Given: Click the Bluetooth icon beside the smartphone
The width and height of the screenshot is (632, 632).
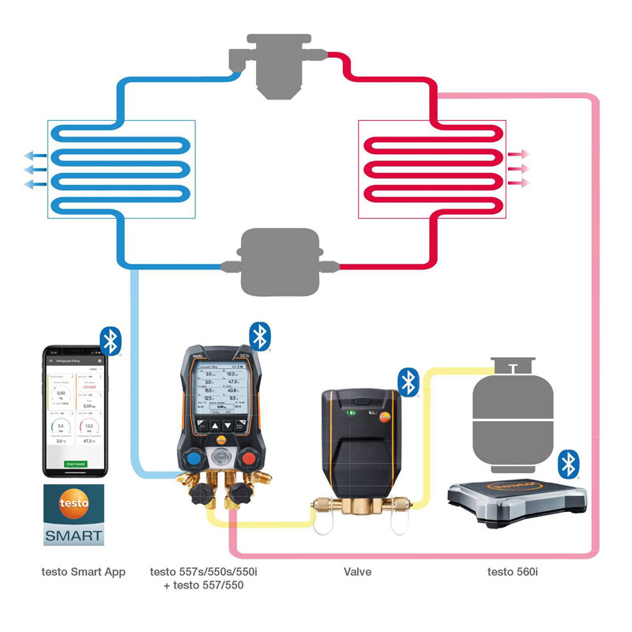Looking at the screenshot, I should pyautogui.click(x=111, y=340).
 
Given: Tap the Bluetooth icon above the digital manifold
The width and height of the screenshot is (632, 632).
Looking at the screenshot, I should pyautogui.click(x=260, y=336).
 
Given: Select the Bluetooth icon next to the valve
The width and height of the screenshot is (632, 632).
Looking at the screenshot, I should pyautogui.click(x=408, y=382).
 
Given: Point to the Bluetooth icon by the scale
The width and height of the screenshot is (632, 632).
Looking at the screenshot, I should pyautogui.click(x=568, y=465).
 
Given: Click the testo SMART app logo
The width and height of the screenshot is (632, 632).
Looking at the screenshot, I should pyautogui.click(x=73, y=515).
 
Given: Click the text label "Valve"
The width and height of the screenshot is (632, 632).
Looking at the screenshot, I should pyautogui.click(x=357, y=571).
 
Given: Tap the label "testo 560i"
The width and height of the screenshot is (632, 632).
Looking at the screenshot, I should pyautogui.click(x=513, y=571).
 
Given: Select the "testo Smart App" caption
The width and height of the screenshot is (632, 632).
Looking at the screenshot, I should pyautogui.click(x=83, y=571).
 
